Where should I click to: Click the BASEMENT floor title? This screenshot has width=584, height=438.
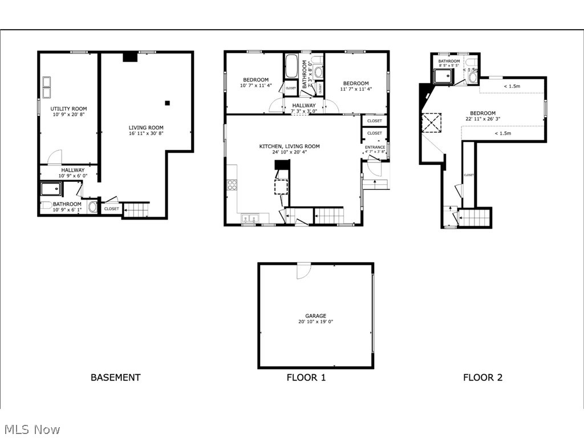115,377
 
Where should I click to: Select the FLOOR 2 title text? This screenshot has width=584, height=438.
482,377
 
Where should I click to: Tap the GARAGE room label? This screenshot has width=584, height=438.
315,315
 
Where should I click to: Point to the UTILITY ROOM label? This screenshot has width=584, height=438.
68,108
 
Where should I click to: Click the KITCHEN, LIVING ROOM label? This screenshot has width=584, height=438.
289,146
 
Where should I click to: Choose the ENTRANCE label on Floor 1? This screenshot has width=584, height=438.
375,147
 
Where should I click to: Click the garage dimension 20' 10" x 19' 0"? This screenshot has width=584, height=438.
315,322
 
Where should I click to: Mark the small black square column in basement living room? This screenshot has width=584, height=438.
167,103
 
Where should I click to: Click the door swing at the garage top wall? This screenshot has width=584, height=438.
303,271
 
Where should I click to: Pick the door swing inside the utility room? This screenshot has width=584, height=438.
54,157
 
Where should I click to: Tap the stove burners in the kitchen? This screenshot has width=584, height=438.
232,185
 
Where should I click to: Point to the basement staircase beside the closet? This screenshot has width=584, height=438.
136,209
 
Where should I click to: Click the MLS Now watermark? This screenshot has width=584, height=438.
31,429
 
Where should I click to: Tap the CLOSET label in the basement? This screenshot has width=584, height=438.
112,209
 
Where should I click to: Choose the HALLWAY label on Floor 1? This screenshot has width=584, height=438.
304,106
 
